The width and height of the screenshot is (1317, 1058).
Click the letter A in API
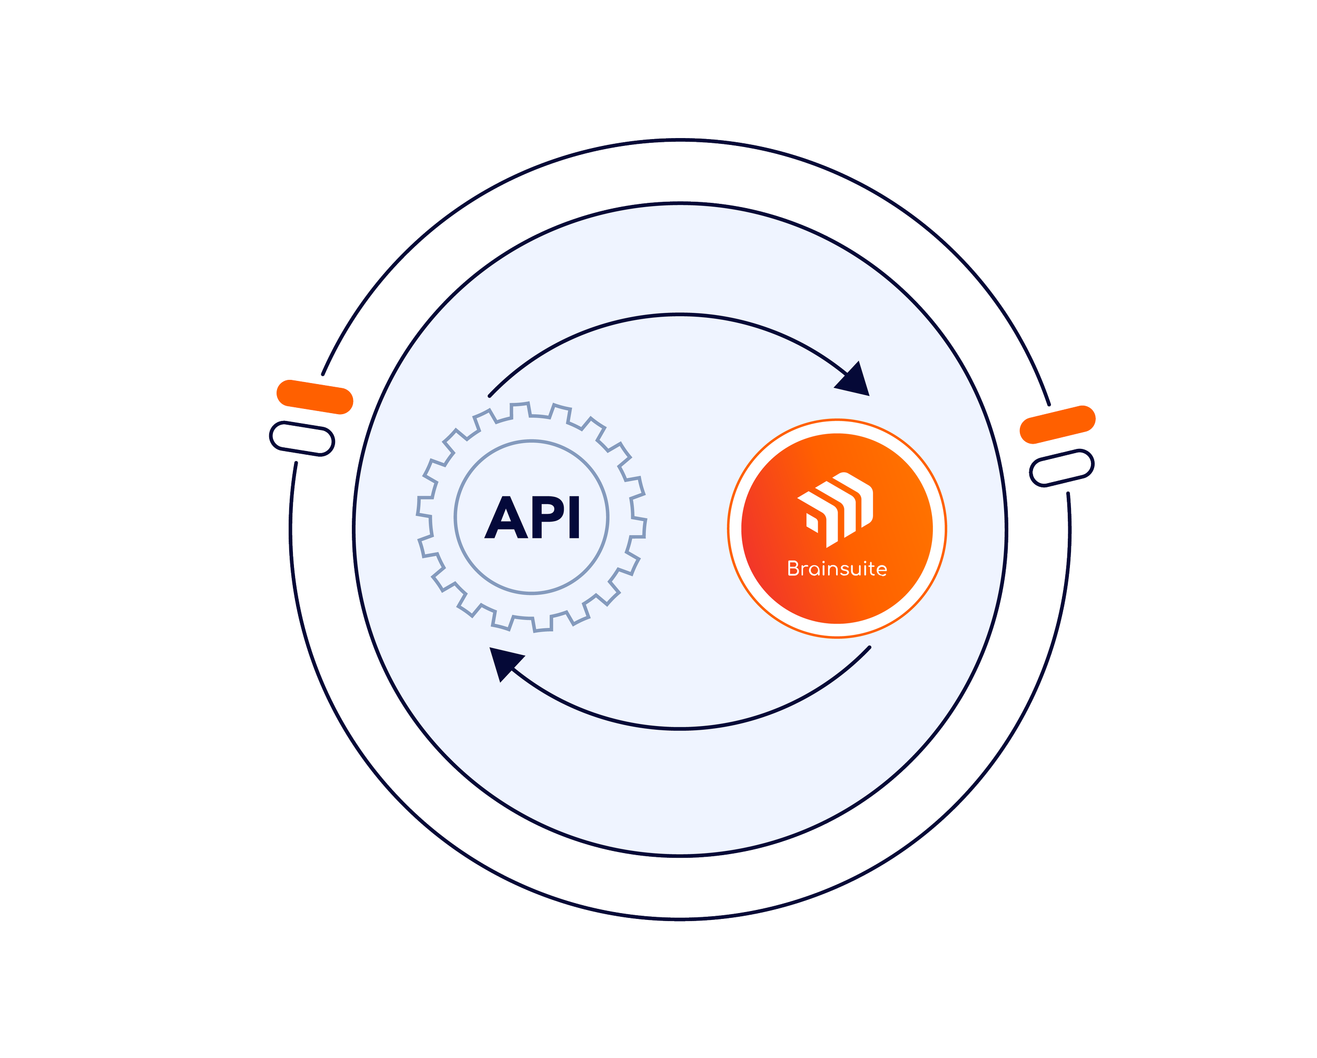506,518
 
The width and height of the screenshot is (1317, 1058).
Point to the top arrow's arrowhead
855,380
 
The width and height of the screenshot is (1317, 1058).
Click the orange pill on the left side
314,396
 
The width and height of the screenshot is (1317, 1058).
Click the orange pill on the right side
1057,423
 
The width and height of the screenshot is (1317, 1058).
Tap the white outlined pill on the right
1062,467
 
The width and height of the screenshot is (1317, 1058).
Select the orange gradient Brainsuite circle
837,528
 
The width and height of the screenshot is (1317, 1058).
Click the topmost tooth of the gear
519,410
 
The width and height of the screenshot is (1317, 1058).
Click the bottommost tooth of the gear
543,624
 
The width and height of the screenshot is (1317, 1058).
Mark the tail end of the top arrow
490,395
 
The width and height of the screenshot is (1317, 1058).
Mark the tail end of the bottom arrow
869,648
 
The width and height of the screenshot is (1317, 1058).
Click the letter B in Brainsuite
793,569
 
